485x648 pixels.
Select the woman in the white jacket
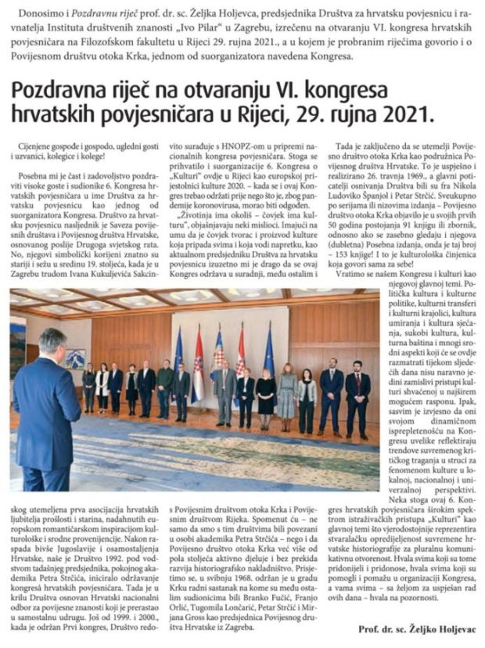tap(102, 385)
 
